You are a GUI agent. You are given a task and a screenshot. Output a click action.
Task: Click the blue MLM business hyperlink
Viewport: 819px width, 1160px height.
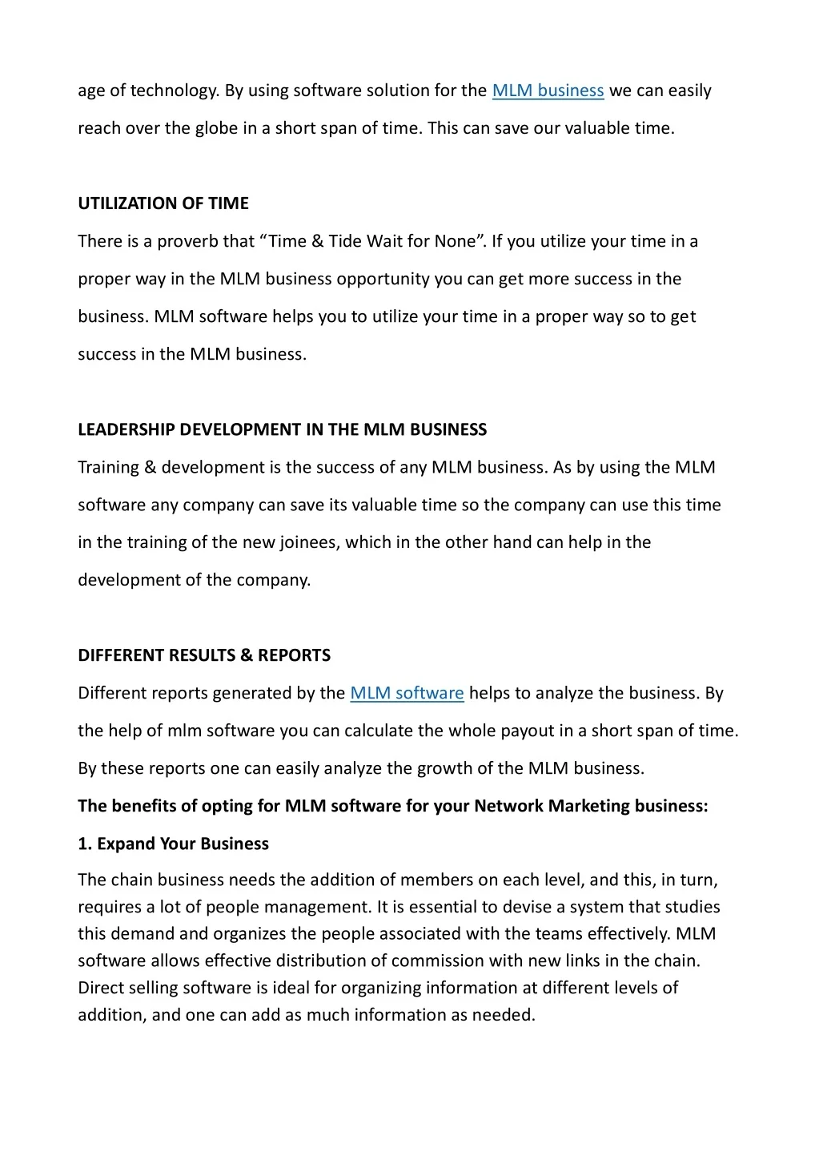pos(548,91)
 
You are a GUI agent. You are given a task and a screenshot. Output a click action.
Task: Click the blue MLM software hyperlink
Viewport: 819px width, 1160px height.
pos(407,693)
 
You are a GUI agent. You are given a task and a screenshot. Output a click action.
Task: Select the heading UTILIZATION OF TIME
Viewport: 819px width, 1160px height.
pos(163,203)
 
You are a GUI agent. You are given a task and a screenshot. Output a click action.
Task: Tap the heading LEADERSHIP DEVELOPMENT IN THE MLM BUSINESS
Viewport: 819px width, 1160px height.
pos(282,429)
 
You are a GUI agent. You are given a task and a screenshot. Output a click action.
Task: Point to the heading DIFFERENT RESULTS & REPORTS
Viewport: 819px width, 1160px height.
pos(204,655)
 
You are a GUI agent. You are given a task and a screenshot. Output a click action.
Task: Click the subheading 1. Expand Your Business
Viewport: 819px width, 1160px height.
pos(173,844)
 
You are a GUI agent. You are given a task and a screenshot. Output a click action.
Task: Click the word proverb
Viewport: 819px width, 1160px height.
pos(188,241)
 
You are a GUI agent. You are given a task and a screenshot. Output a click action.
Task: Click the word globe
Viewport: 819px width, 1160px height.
pos(216,128)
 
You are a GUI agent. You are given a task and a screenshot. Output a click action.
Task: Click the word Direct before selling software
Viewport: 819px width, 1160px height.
pos(101,988)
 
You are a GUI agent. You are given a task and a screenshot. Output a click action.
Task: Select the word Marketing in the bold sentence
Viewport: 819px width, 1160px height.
pos(589,806)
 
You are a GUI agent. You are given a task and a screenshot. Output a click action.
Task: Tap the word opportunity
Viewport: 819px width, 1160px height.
pos(383,279)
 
